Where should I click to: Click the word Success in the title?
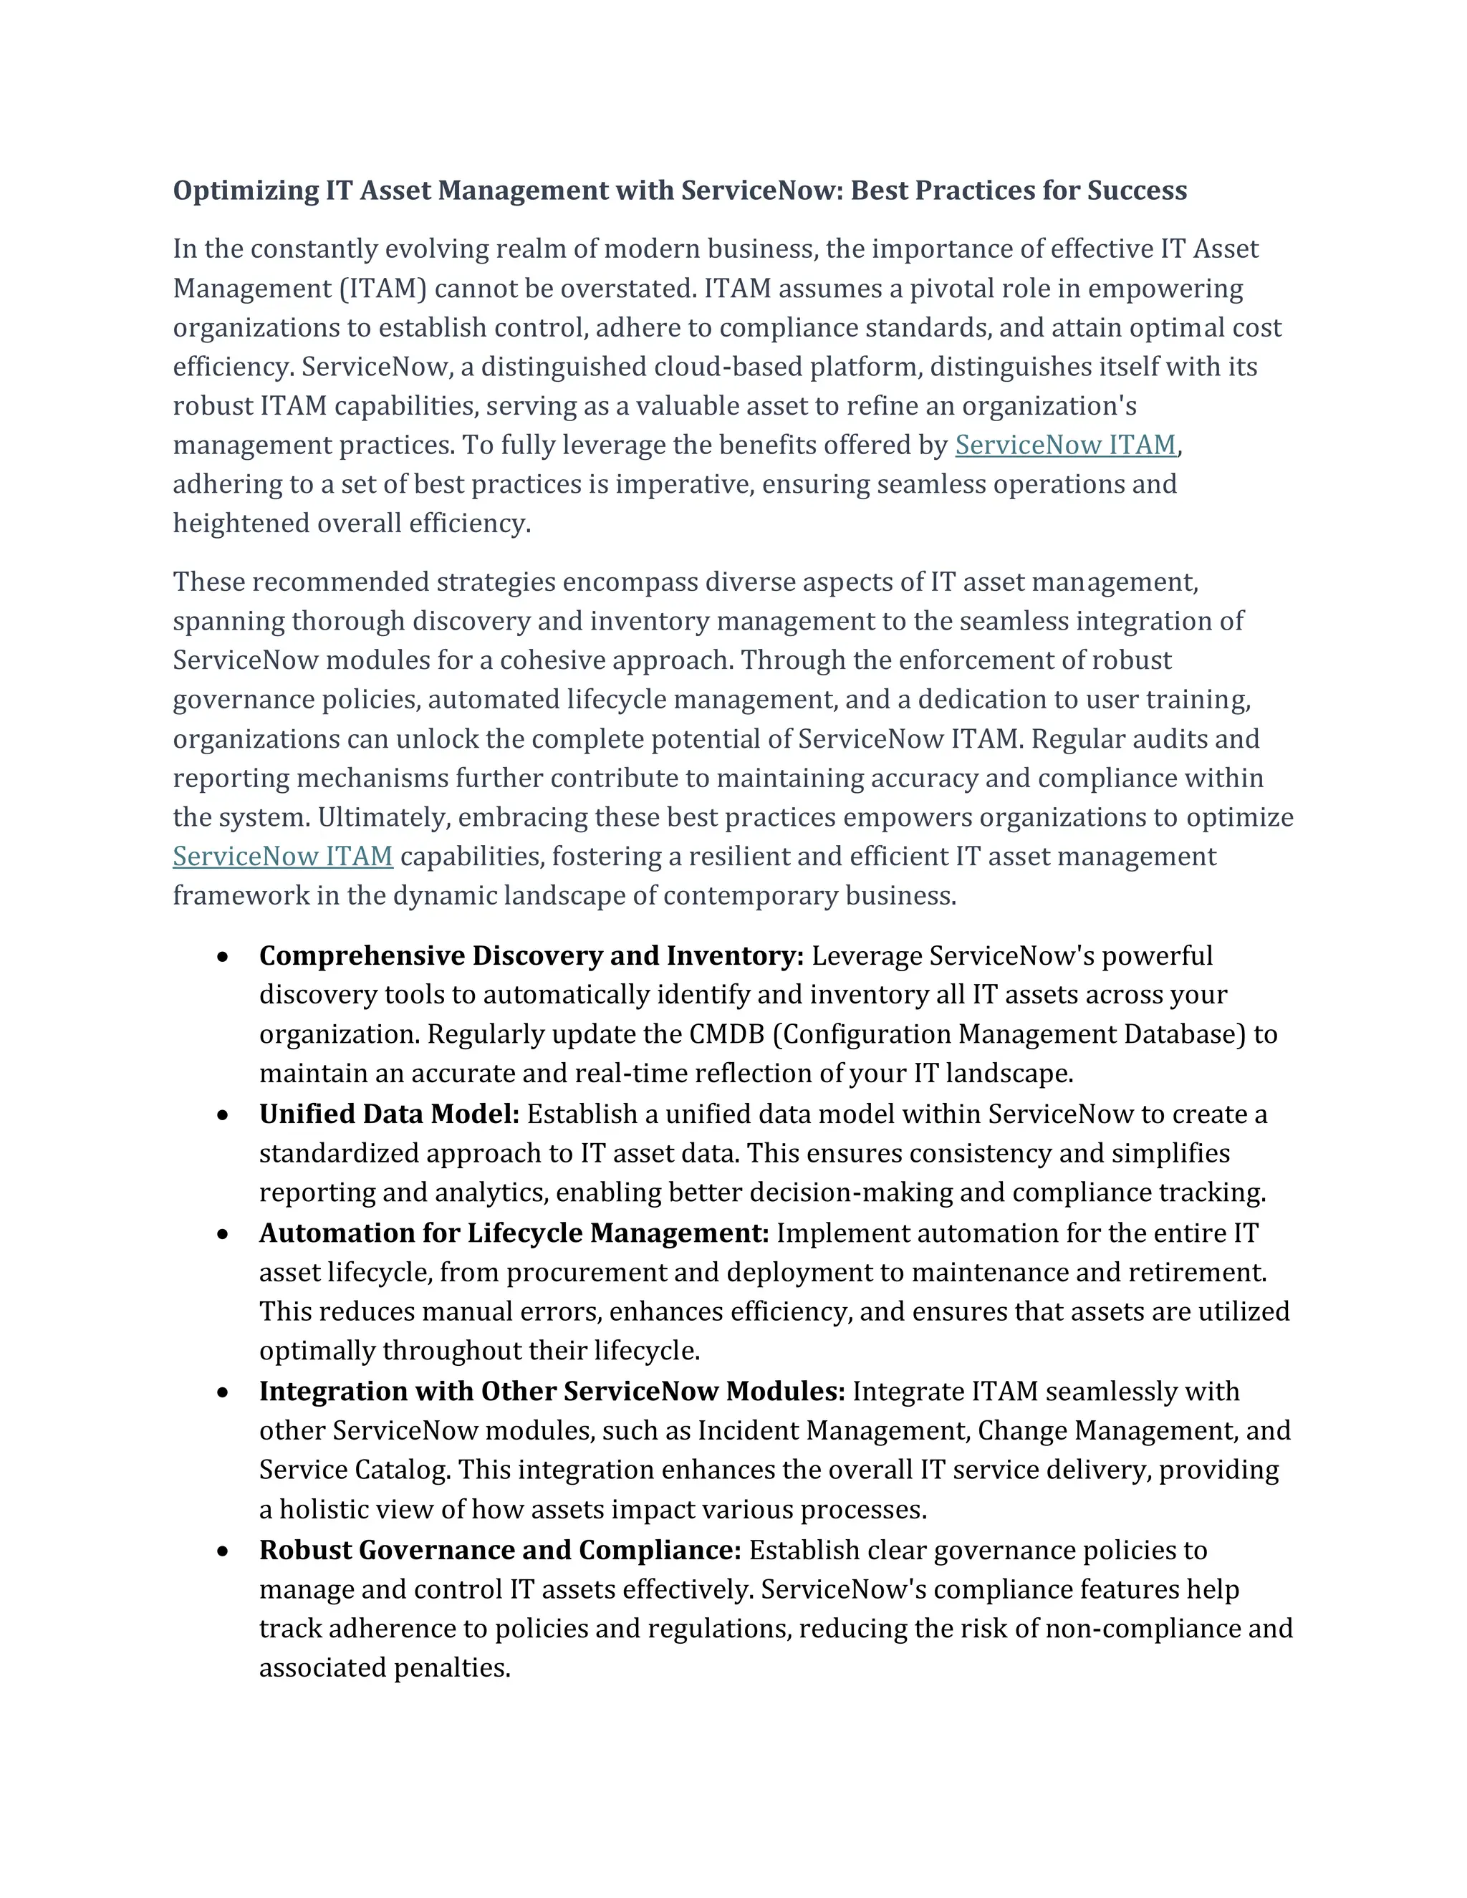1137,191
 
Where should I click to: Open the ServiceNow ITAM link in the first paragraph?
1065,445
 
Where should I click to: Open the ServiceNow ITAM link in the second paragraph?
282,857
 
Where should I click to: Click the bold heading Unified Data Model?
388,1114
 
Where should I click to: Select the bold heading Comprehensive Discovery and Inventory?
531,956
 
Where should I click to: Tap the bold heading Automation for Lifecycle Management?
514,1233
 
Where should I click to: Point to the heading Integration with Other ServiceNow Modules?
552,1392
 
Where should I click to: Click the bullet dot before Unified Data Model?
223,1115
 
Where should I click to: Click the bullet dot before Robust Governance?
223,1551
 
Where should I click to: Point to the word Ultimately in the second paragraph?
383,818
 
